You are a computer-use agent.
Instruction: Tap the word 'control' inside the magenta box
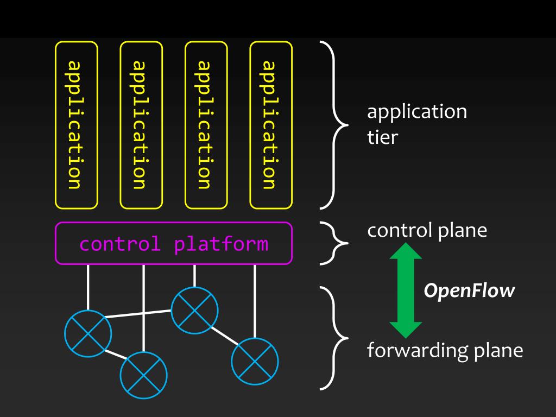click(x=120, y=244)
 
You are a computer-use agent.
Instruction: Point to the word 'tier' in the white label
click(x=382, y=137)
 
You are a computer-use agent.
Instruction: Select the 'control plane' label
click(x=427, y=231)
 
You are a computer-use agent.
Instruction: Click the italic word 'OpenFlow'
click(x=469, y=291)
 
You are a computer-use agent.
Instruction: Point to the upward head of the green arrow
click(x=406, y=251)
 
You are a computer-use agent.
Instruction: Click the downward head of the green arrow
click(x=406, y=330)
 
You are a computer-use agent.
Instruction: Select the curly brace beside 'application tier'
click(x=334, y=125)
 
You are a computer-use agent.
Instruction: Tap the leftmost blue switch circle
click(x=65, y=333)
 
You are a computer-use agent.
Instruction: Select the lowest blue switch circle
click(x=120, y=375)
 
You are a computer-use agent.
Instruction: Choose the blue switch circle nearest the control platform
click(x=171, y=310)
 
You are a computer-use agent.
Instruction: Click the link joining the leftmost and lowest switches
click(x=116, y=355)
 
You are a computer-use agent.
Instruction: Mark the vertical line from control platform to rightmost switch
click(x=255, y=301)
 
